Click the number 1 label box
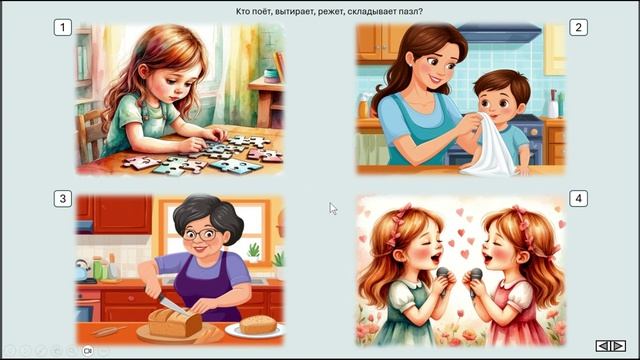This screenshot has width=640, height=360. (x=62, y=28)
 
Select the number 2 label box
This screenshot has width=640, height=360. (x=578, y=28)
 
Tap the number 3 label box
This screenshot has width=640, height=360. (x=62, y=199)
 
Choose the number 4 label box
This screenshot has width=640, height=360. (x=578, y=199)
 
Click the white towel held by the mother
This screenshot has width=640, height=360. (x=491, y=148)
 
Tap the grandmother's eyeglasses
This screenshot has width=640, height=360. (x=200, y=235)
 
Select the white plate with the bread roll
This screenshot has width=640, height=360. (x=255, y=329)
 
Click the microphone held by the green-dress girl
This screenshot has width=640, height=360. (x=443, y=280)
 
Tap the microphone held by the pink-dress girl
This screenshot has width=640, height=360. (x=475, y=281)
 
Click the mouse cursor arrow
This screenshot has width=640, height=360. (x=333, y=209)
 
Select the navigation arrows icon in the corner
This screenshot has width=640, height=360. (x=611, y=346)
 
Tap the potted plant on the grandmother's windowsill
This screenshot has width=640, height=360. (x=253, y=252)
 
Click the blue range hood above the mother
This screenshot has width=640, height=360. (x=500, y=33)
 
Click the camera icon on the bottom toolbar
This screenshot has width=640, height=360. (x=87, y=351)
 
